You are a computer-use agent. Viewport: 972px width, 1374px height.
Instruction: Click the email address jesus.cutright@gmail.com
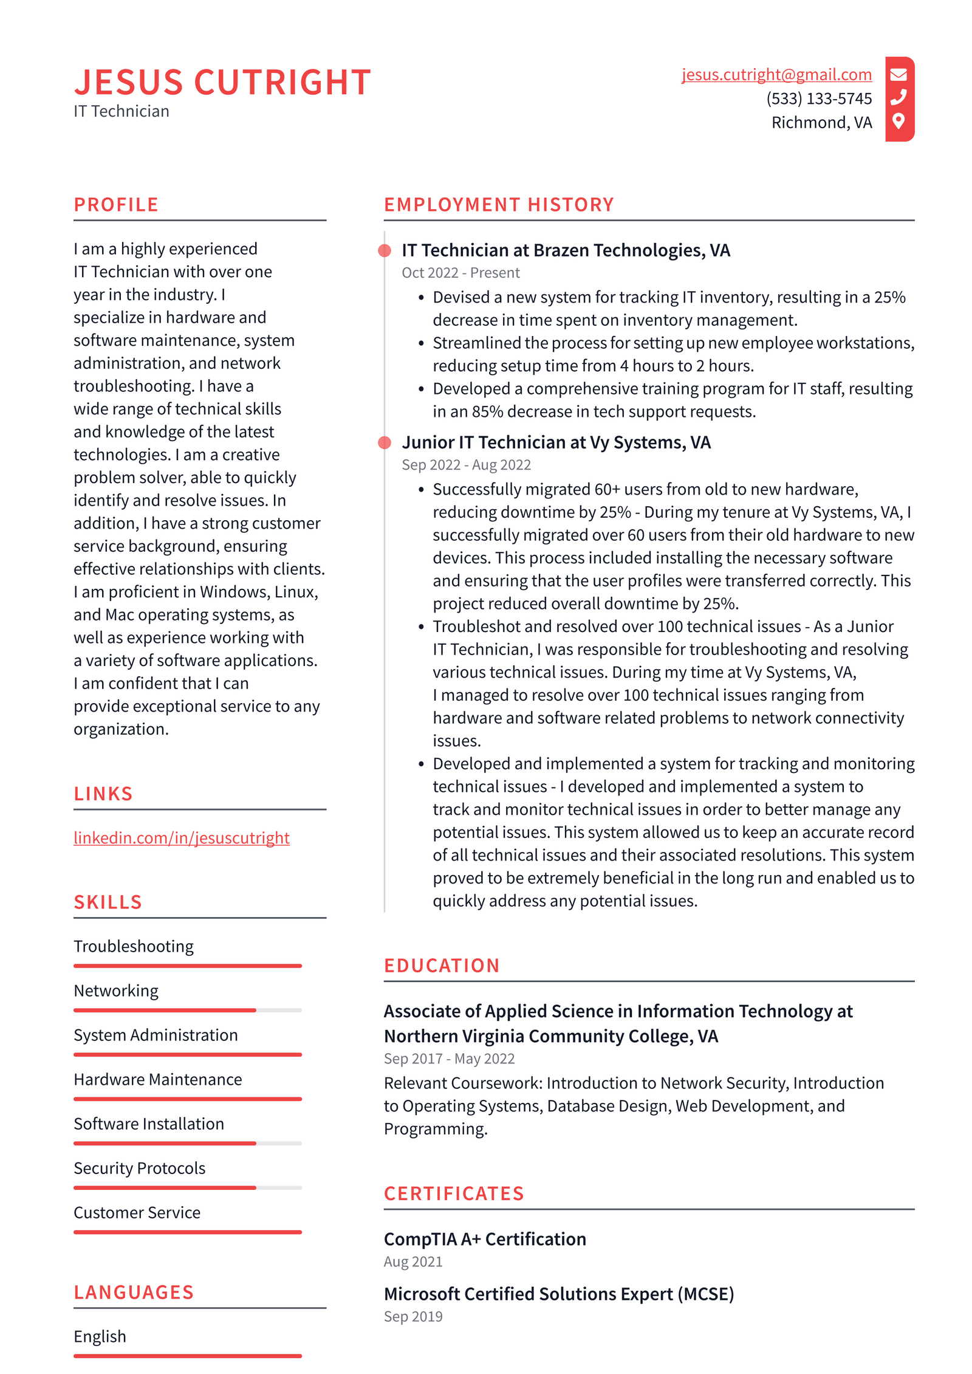tap(776, 75)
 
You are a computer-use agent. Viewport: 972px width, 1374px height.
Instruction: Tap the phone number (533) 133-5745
tap(818, 98)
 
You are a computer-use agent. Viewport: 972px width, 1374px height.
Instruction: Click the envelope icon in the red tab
tap(898, 75)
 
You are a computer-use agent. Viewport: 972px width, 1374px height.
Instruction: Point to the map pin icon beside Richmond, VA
tap(898, 121)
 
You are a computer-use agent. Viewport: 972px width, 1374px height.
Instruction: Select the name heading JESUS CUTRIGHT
tap(222, 82)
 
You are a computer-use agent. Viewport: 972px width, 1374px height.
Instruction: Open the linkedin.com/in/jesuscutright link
tap(181, 837)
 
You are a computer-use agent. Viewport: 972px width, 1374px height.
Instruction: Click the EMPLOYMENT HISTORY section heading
tap(498, 205)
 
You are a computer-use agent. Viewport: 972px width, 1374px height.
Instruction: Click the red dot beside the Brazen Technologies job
tap(385, 250)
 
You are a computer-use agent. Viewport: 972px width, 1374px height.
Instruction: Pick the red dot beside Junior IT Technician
tap(385, 442)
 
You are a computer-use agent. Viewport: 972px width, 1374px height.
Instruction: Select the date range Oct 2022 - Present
tap(460, 273)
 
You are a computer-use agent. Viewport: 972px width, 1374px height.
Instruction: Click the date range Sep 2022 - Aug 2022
tap(466, 465)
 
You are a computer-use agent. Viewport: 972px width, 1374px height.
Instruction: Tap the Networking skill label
tap(116, 991)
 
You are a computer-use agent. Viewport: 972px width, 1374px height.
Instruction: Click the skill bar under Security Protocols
tap(187, 1187)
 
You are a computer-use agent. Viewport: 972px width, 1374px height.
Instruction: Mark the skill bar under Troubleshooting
tap(187, 966)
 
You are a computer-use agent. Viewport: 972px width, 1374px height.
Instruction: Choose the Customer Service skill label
tap(137, 1212)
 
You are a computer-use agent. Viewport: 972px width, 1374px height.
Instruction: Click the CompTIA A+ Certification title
tap(485, 1239)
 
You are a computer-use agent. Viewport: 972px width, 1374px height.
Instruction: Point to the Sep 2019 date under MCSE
tap(413, 1316)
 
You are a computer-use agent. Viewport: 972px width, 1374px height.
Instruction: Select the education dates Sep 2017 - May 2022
tap(449, 1059)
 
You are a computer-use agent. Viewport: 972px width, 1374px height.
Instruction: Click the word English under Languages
tap(100, 1336)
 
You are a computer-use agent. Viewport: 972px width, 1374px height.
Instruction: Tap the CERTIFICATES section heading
tap(453, 1194)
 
